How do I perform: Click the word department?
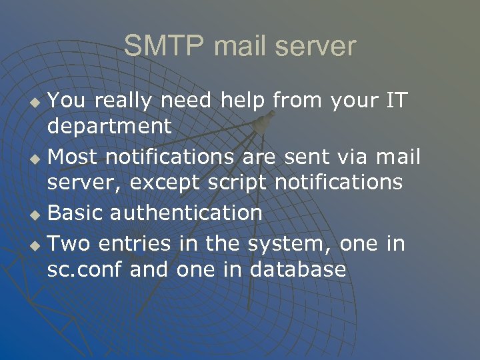[109, 126]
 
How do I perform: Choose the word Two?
[69, 243]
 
